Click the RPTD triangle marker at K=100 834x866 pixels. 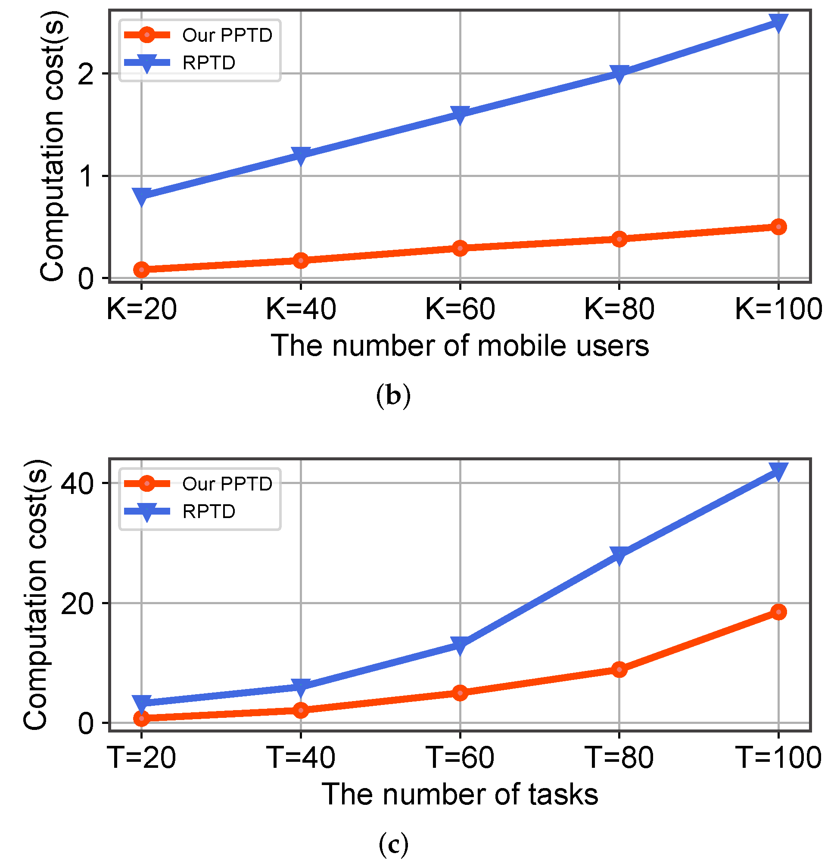click(x=778, y=22)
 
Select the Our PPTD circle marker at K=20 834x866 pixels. click(x=141, y=269)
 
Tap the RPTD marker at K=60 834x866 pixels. click(x=460, y=115)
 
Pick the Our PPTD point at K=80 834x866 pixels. click(x=619, y=239)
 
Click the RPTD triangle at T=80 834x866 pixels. click(x=619, y=554)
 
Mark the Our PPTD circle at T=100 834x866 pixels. click(x=778, y=611)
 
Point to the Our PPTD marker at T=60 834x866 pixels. click(x=460, y=693)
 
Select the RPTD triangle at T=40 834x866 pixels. click(x=301, y=686)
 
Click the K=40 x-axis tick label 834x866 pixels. click(x=301, y=309)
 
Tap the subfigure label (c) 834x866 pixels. click(x=393, y=844)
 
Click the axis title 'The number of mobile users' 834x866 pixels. click(x=460, y=346)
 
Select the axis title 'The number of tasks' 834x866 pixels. click(x=460, y=795)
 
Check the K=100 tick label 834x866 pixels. click(x=778, y=309)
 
